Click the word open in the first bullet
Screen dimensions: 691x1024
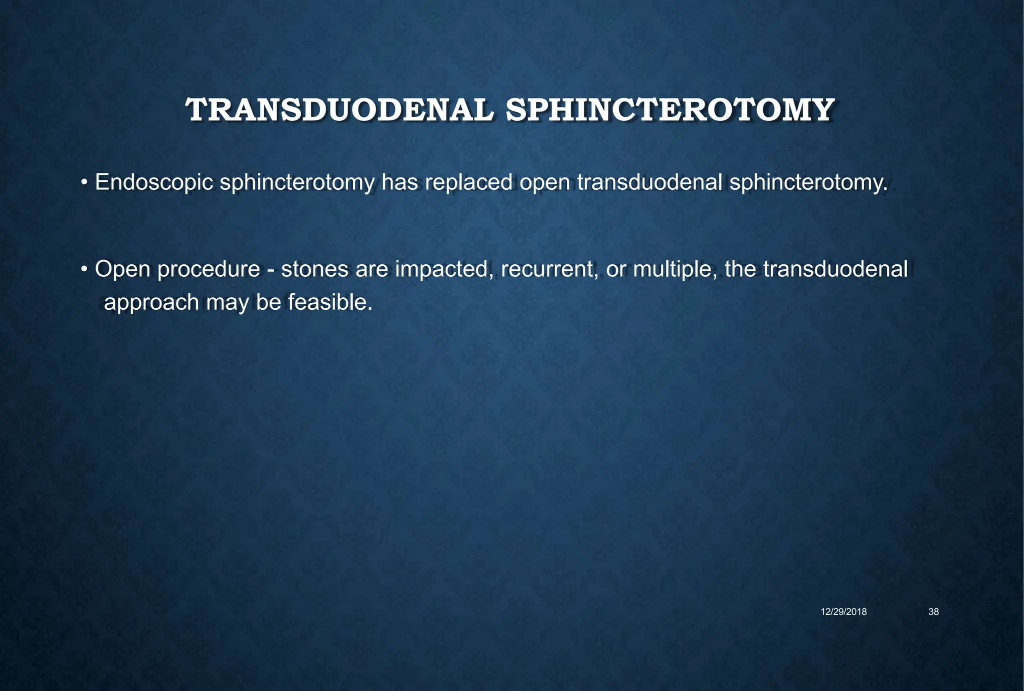(x=544, y=183)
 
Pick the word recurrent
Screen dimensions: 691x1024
(x=550, y=270)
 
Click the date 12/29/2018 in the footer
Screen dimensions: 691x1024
(x=844, y=612)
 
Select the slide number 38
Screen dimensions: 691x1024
(x=933, y=612)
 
